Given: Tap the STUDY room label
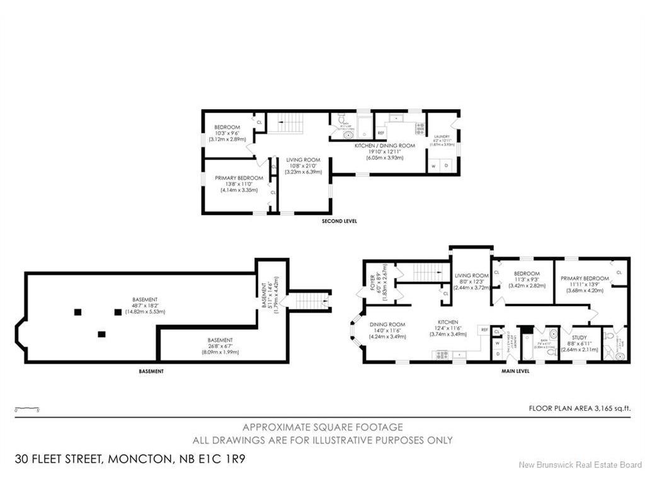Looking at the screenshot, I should [574, 328].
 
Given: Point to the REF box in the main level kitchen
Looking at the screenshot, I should [484, 330].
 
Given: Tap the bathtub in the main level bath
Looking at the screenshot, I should [527, 345].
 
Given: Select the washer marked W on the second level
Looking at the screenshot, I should [434, 166].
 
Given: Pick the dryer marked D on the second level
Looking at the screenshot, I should [447, 166].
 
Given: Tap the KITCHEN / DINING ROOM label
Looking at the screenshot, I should [384, 146].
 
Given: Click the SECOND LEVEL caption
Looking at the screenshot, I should [339, 222].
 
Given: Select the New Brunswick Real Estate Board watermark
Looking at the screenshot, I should [579, 465].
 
